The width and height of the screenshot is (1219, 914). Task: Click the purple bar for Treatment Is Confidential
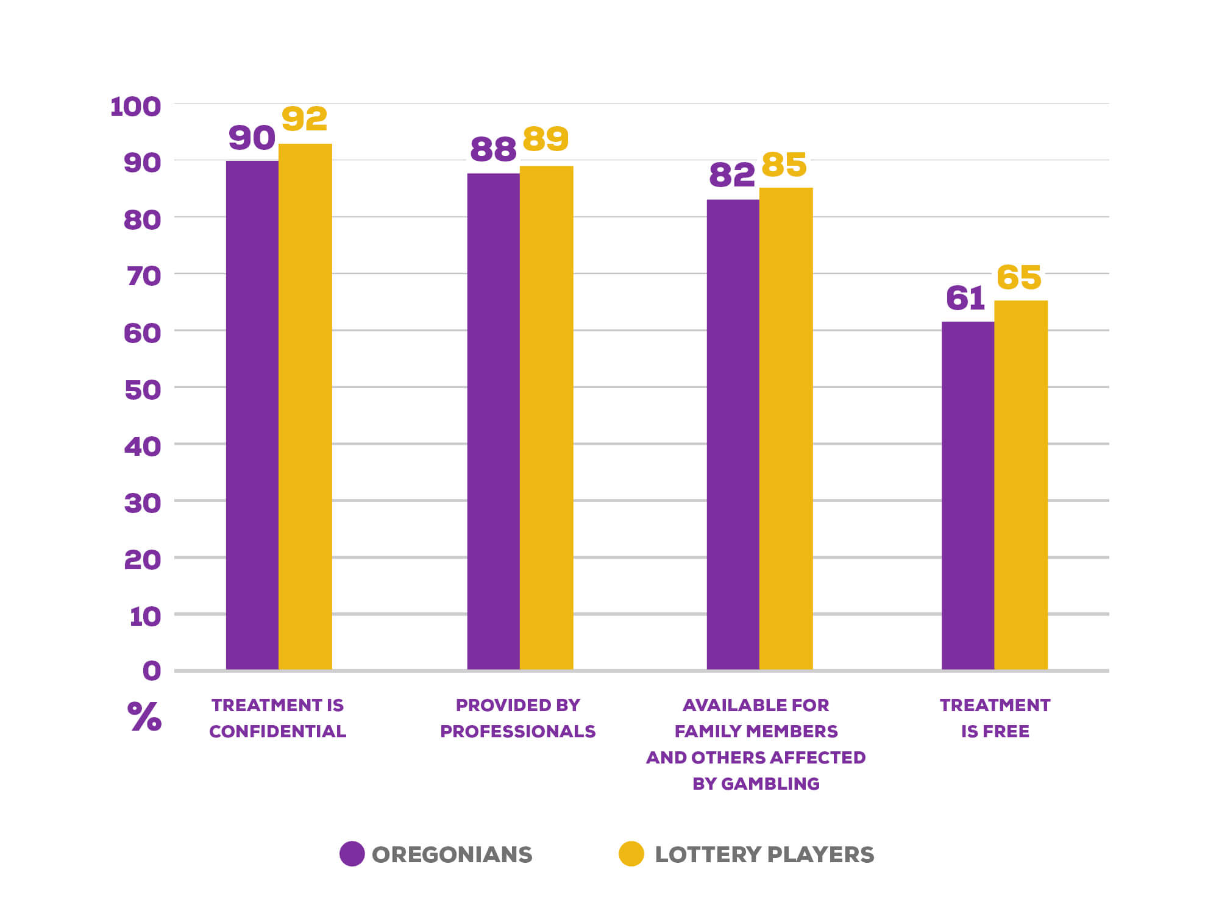click(x=252, y=414)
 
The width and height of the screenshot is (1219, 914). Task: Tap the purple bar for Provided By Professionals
click(x=493, y=420)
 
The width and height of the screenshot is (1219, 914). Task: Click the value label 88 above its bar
click(x=493, y=149)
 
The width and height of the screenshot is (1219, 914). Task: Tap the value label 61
click(x=965, y=299)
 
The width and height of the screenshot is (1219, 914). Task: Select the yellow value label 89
click(x=546, y=139)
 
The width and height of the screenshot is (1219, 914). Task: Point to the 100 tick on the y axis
click(x=135, y=107)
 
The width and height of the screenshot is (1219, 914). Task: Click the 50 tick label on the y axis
click(x=143, y=390)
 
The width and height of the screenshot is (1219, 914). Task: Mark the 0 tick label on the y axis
click(x=152, y=671)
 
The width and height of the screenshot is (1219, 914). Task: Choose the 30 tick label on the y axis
click(x=143, y=503)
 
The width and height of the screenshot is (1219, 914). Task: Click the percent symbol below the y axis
click(x=144, y=717)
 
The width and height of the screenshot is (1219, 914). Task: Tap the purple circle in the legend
click(x=352, y=854)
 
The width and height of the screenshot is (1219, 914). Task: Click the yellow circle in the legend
click(x=631, y=854)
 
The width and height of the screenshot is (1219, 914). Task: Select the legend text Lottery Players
click(x=764, y=854)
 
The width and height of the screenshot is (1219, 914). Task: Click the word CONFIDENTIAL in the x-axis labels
click(x=277, y=731)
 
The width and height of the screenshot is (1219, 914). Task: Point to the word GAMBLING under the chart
click(x=770, y=784)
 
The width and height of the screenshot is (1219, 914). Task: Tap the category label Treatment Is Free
click(x=995, y=718)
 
